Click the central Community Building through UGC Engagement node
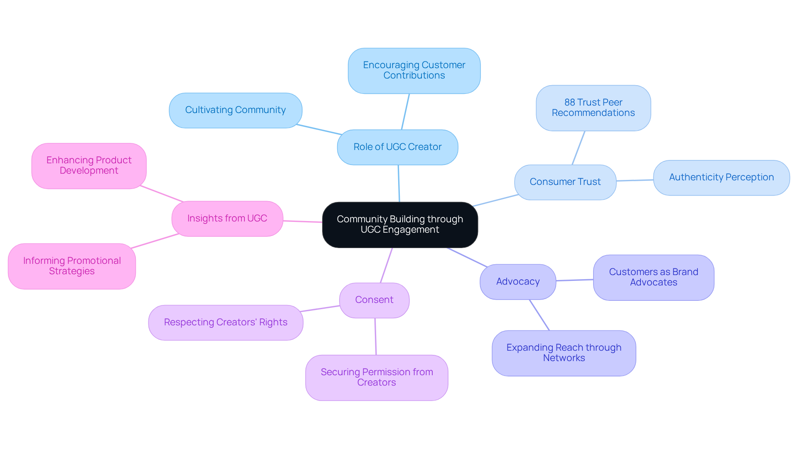pyautogui.click(x=400, y=225)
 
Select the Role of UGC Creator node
pyautogui.click(x=397, y=147)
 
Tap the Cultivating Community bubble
pyautogui.click(x=235, y=110)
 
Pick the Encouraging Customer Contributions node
pyautogui.click(x=414, y=71)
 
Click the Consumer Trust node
pyautogui.click(x=565, y=182)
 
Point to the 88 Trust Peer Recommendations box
pyautogui.click(x=593, y=108)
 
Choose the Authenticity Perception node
pyautogui.click(x=721, y=177)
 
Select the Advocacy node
pyautogui.click(x=517, y=282)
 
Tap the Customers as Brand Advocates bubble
pyautogui.click(x=653, y=278)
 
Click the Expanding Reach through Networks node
pyautogui.click(x=564, y=353)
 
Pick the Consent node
pyautogui.click(x=374, y=300)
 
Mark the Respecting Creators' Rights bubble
pyautogui.click(x=225, y=322)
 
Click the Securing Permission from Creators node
pyautogui.click(x=377, y=378)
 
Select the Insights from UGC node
pyautogui.click(x=227, y=219)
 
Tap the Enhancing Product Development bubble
pyautogui.click(x=89, y=166)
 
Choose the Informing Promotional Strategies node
pyautogui.click(x=72, y=266)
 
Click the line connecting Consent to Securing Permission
pyautogui.click(x=375, y=337)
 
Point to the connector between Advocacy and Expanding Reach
pyautogui.click(x=539, y=315)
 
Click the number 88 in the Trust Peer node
pyautogui.click(x=569, y=103)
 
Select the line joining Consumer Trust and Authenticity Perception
pyautogui.click(x=635, y=180)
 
